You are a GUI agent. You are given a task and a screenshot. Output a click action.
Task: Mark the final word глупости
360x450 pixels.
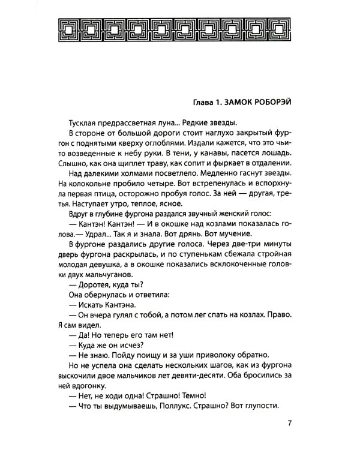(x=262, y=406)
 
